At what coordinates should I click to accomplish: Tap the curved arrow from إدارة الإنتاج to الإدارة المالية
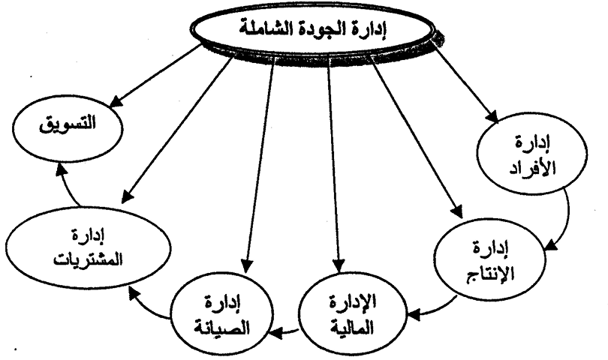pyautogui.click(x=435, y=304)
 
